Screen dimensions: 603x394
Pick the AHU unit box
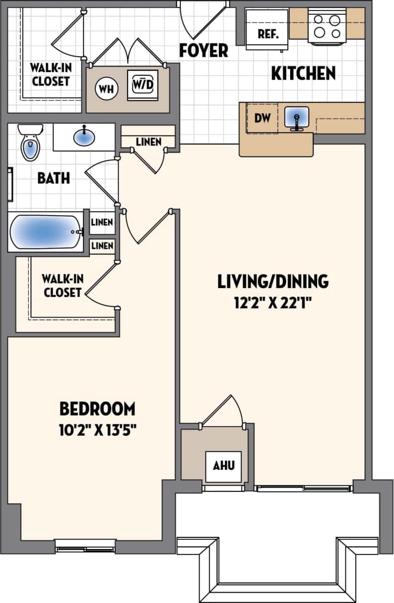(x=223, y=466)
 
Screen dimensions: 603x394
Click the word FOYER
(x=204, y=50)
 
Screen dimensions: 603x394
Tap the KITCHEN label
(x=303, y=74)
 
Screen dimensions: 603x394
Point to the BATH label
(x=54, y=178)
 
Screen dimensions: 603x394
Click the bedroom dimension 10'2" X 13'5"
(x=97, y=429)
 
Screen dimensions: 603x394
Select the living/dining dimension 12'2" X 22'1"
(x=273, y=301)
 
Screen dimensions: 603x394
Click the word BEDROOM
(x=97, y=409)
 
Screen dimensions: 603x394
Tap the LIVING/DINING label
(x=273, y=281)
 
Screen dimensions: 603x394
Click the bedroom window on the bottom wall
(x=85, y=548)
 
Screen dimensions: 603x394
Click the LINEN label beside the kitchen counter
(x=149, y=142)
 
